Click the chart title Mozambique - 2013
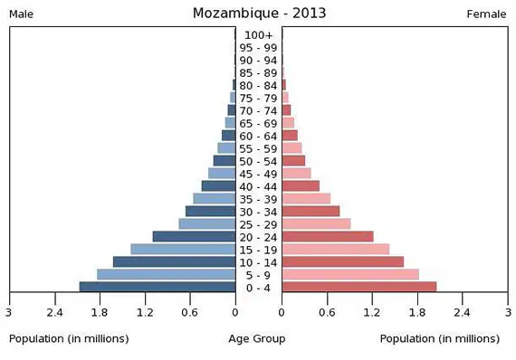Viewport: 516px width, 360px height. pyautogui.click(x=259, y=14)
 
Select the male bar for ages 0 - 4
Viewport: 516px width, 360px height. pyautogui.click(x=158, y=287)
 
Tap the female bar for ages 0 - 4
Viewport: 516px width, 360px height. pyautogui.click(x=359, y=287)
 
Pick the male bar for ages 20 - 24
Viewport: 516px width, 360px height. pyautogui.click(x=194, y=236)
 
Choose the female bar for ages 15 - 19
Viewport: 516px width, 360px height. pyautogui.click(x=336, y=249)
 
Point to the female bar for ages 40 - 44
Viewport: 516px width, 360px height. pyautogui.click(x=301, y=185)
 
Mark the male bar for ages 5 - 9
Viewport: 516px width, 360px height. pyautogui.click(x=167, y=274)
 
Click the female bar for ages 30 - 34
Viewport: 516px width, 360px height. pyautogui.click(x=311, y=211)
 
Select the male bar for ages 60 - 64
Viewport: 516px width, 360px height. pyautogui.click(x=229, y=135)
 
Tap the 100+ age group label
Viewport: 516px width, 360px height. pyautogui.click(x=259, y=35)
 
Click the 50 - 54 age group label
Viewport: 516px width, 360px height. pyautogui.click(x=258, y=162)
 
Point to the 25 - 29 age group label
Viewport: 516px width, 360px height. pyautogui.click(x=258, y=225)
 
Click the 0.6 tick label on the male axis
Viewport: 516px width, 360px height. pyautogui.click(x=190, y=312)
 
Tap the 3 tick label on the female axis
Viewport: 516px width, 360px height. pyautogui.click(x=509, y=312)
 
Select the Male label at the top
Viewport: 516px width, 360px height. pyautogui.click(x=21, y=14)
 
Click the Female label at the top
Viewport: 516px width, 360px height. pyautogui.click(x=486, y=14)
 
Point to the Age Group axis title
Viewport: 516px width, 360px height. pyautogui.click(x=257, y=339)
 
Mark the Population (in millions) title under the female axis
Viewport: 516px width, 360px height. pyautogui.click(x=440, y=339)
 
